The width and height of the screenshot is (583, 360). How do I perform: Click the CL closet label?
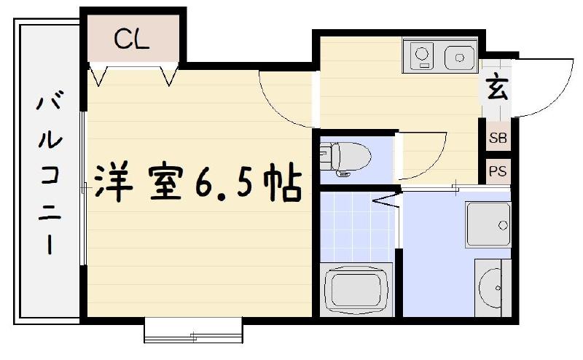point(132,39)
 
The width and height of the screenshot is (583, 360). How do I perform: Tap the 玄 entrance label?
point(497,89)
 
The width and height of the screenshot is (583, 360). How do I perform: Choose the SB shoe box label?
point(498,138)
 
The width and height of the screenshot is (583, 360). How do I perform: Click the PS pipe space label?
point(498,172)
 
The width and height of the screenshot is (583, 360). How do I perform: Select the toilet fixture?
point(346,156)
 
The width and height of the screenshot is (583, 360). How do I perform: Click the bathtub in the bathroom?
point(358,289)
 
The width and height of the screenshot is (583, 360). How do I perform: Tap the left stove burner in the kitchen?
point(422,53)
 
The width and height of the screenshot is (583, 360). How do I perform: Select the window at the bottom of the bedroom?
point(193,332)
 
